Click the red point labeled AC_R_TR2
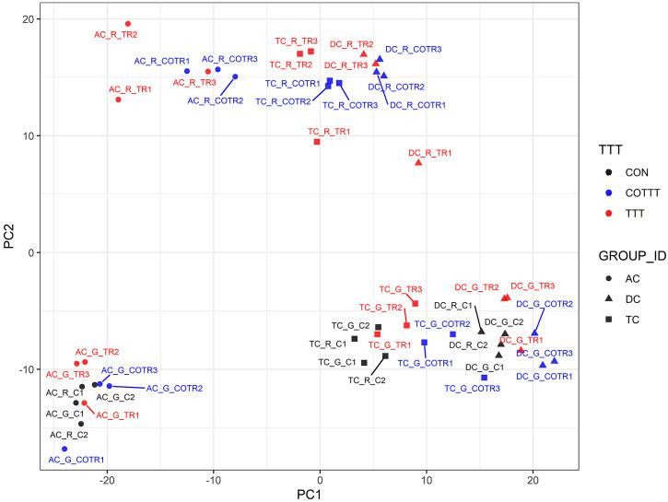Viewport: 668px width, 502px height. tap(128, 24)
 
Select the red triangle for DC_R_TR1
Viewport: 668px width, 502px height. tap(418, 162)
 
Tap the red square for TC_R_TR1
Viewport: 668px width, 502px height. tap(317, 142)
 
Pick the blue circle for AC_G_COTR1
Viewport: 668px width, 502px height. tap(64, 449)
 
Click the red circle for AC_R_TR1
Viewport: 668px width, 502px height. tap(119, 99)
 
